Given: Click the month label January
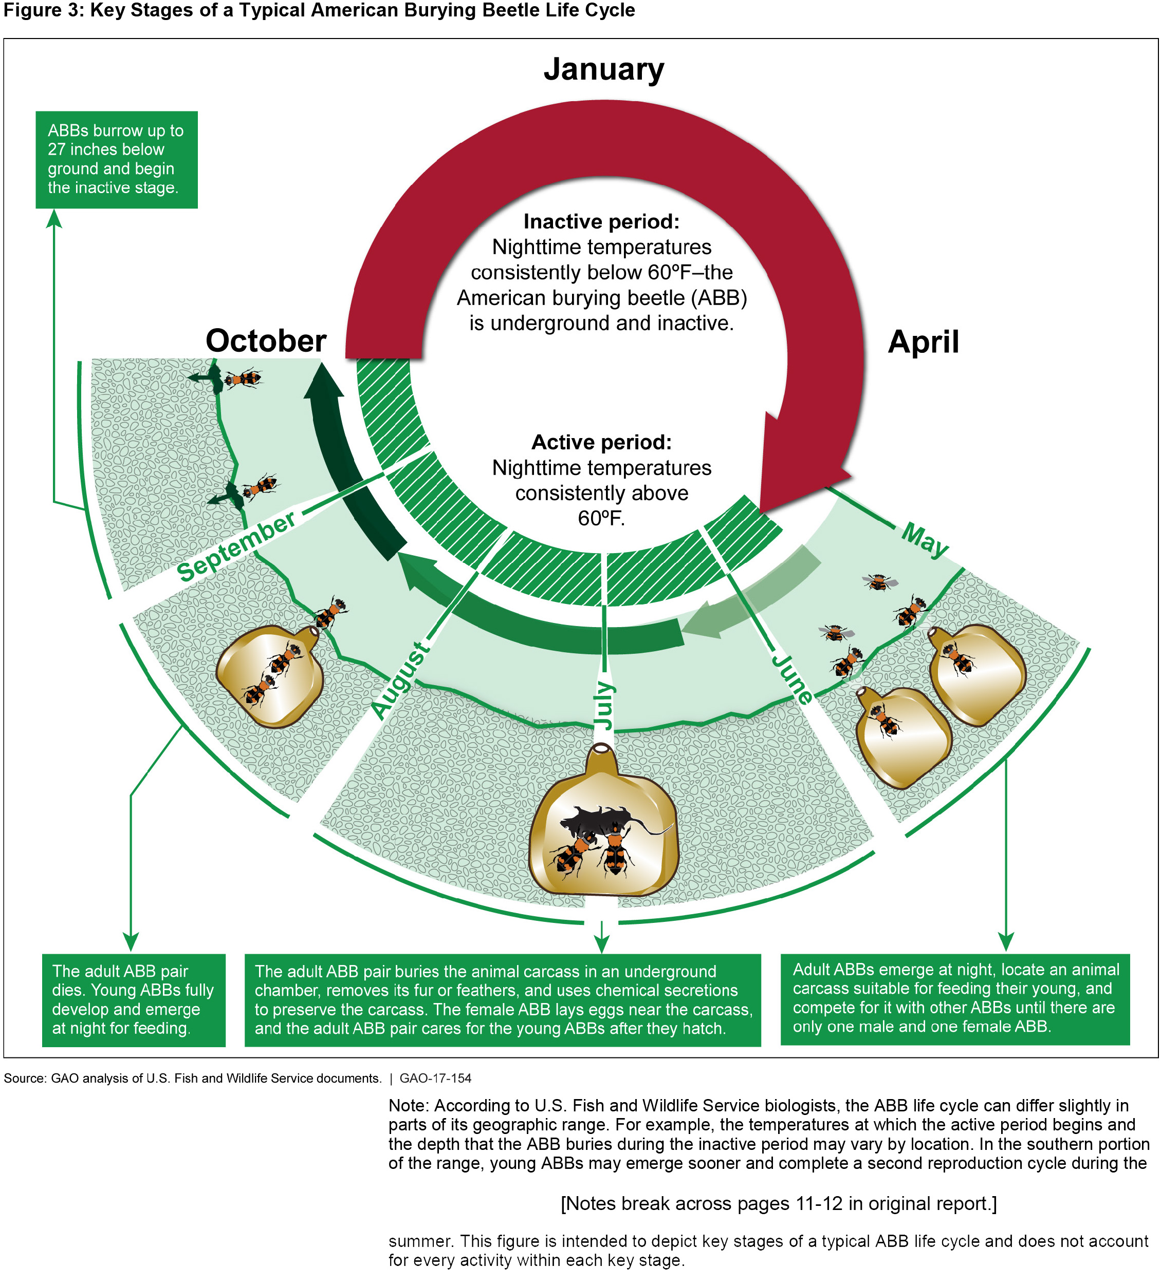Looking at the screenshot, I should [603, 69].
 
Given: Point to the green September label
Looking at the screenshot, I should [235, 546].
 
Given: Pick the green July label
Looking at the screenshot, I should [603, 705].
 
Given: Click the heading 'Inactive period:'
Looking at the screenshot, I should [601, 221].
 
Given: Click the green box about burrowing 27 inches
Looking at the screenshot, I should [116, 159].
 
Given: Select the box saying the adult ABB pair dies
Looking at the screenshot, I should [133, 999].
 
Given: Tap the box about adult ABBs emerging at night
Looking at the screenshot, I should [954, 998].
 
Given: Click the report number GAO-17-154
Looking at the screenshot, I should [435, 1078].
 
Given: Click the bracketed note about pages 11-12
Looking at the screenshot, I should [778, 1203].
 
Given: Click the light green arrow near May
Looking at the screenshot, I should [753, 593].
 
